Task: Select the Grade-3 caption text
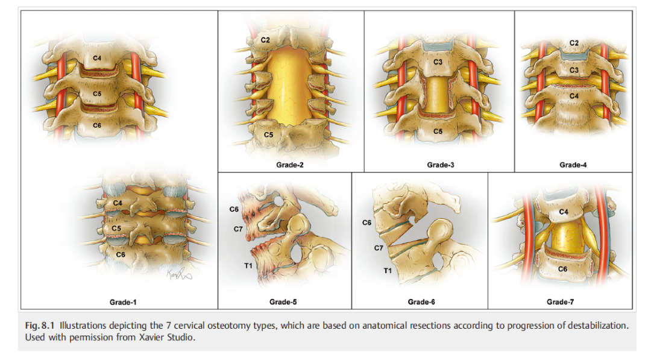click(x=439, y=165)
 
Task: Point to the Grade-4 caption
click(x=572, y=165)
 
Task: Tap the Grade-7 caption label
click(x=559, y=301)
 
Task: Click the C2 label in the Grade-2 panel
click(x=265, y=40)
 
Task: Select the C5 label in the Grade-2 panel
click(x=268, y=134)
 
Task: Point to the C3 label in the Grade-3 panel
click(x=438, y=62)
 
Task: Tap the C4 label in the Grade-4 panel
click(x=573, y=96)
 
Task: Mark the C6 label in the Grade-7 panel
click(x=562, y=268)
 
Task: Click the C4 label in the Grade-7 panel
click(x=563, y=212)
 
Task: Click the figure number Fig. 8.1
click(x=40, y=326)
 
